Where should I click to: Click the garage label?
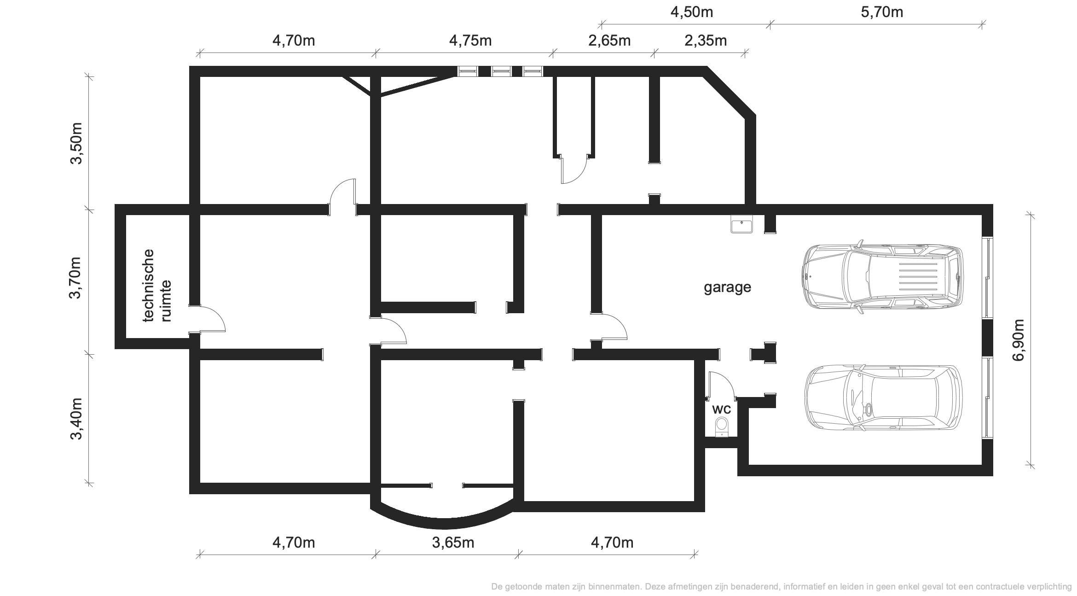(727, 287)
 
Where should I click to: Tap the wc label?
(721, 409)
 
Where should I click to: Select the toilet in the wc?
(722, 427)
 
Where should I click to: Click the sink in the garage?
(741, 225)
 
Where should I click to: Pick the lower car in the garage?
(883, 398)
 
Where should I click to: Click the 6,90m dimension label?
(1018, 340)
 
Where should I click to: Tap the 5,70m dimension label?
(882, 12)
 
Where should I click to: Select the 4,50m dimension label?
(692, 12)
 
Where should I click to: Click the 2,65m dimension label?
(609, 41)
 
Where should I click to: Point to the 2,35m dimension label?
(706, 41)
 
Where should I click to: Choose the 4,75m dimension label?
(470, 41)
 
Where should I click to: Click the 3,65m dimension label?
(453, 543)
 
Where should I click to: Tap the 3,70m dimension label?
(75, 278)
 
